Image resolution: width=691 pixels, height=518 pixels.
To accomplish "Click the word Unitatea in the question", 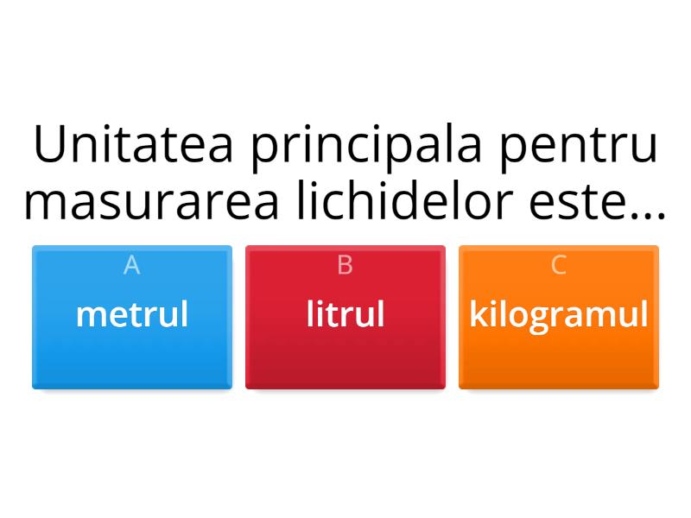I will [134, 146].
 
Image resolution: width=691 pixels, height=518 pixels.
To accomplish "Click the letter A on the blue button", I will [132, 265].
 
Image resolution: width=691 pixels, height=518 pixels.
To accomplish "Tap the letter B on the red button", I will [345, 265].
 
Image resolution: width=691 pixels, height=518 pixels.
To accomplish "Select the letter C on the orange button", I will [559, 265].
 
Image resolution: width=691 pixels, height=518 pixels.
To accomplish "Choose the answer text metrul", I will [132, 314].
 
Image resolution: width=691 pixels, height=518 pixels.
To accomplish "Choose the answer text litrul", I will [345, 314].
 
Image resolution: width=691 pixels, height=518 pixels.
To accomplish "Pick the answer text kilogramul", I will [559, 315].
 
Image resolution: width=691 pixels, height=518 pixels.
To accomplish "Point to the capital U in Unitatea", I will [50, 146].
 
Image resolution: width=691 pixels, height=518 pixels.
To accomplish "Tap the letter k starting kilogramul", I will [477, 314].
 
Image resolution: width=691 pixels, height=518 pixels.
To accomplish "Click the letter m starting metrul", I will [87, 316].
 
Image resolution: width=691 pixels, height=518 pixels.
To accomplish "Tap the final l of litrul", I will [381, 313].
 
